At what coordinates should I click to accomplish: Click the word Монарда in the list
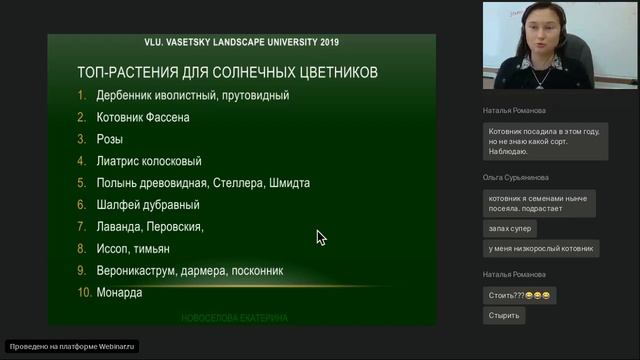coord(119,293)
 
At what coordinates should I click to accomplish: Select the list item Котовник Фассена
coord(143,117)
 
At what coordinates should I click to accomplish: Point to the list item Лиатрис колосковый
coord(149,161)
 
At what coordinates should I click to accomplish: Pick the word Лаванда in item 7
coord(119,227)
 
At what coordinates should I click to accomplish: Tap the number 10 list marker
coord(83,293)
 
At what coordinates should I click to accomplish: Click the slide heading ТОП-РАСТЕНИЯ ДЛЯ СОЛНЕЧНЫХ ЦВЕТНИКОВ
coord(227,73)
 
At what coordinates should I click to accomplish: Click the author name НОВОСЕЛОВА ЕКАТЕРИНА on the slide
coord(235,318)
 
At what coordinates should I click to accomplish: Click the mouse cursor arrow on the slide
coord(320,237)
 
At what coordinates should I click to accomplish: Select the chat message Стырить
coord(504,315)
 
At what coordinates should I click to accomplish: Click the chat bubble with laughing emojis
coord(520,296)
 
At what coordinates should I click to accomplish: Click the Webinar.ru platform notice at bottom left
coord(73,346)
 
